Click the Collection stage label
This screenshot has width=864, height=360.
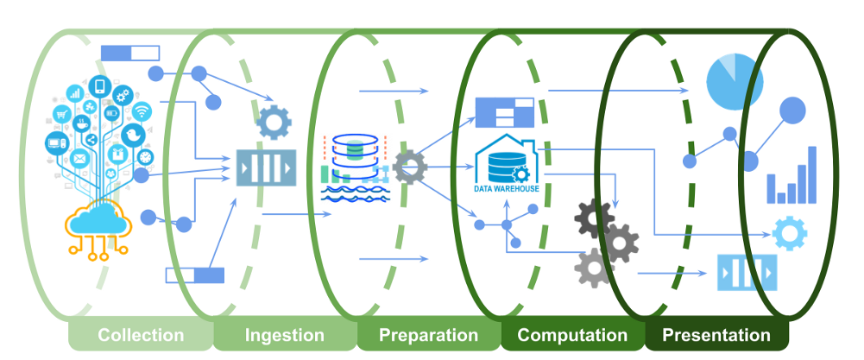[x=141, y=335]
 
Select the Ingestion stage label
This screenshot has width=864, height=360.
[x=284, y=335]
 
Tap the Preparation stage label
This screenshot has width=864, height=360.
[x=428, y=335]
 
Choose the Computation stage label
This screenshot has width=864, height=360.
[x=572, y=335]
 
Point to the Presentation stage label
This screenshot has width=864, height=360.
[x=716, y=335]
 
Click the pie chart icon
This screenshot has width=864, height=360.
[x=735, y=82]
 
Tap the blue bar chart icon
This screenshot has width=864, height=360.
[x=791, y=175]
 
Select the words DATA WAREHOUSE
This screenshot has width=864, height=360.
[x=507, y=188]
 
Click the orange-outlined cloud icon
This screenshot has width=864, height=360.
[x=98, y=230]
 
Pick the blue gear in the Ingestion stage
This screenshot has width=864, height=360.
[x=274, y=122]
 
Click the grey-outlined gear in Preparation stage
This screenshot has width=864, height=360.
[x=410, y=167]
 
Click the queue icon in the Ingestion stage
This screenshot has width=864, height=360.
[x=267, y=167]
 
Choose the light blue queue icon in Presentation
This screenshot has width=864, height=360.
[x=747, y=272]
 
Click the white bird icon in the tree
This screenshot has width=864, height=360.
[x=133, y=135]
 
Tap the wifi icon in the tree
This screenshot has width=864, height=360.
[x=142, y=111]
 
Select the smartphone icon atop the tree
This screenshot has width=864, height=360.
[x=100, y=86]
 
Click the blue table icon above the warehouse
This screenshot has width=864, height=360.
[x=505, y=112]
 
